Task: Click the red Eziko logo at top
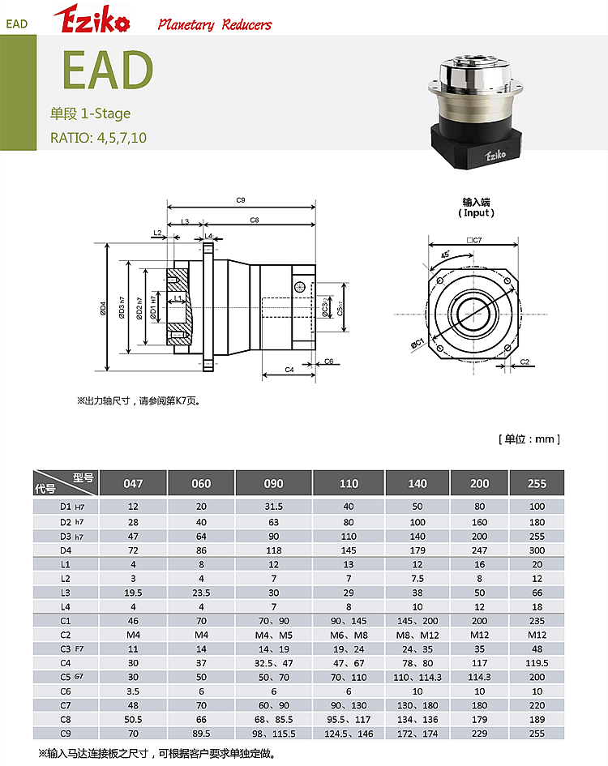click(92, 19)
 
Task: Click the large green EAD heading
click(108, 70)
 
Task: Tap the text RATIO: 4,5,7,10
click(98, 138)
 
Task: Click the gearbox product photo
click(476, 111)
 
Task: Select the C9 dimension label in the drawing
click(241, 200)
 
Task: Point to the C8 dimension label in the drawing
click(255, 220)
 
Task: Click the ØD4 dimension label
click(103, 308)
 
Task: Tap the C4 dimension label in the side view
click(289, 370)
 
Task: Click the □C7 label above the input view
click(474, 240)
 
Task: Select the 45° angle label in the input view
click(445, 255)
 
